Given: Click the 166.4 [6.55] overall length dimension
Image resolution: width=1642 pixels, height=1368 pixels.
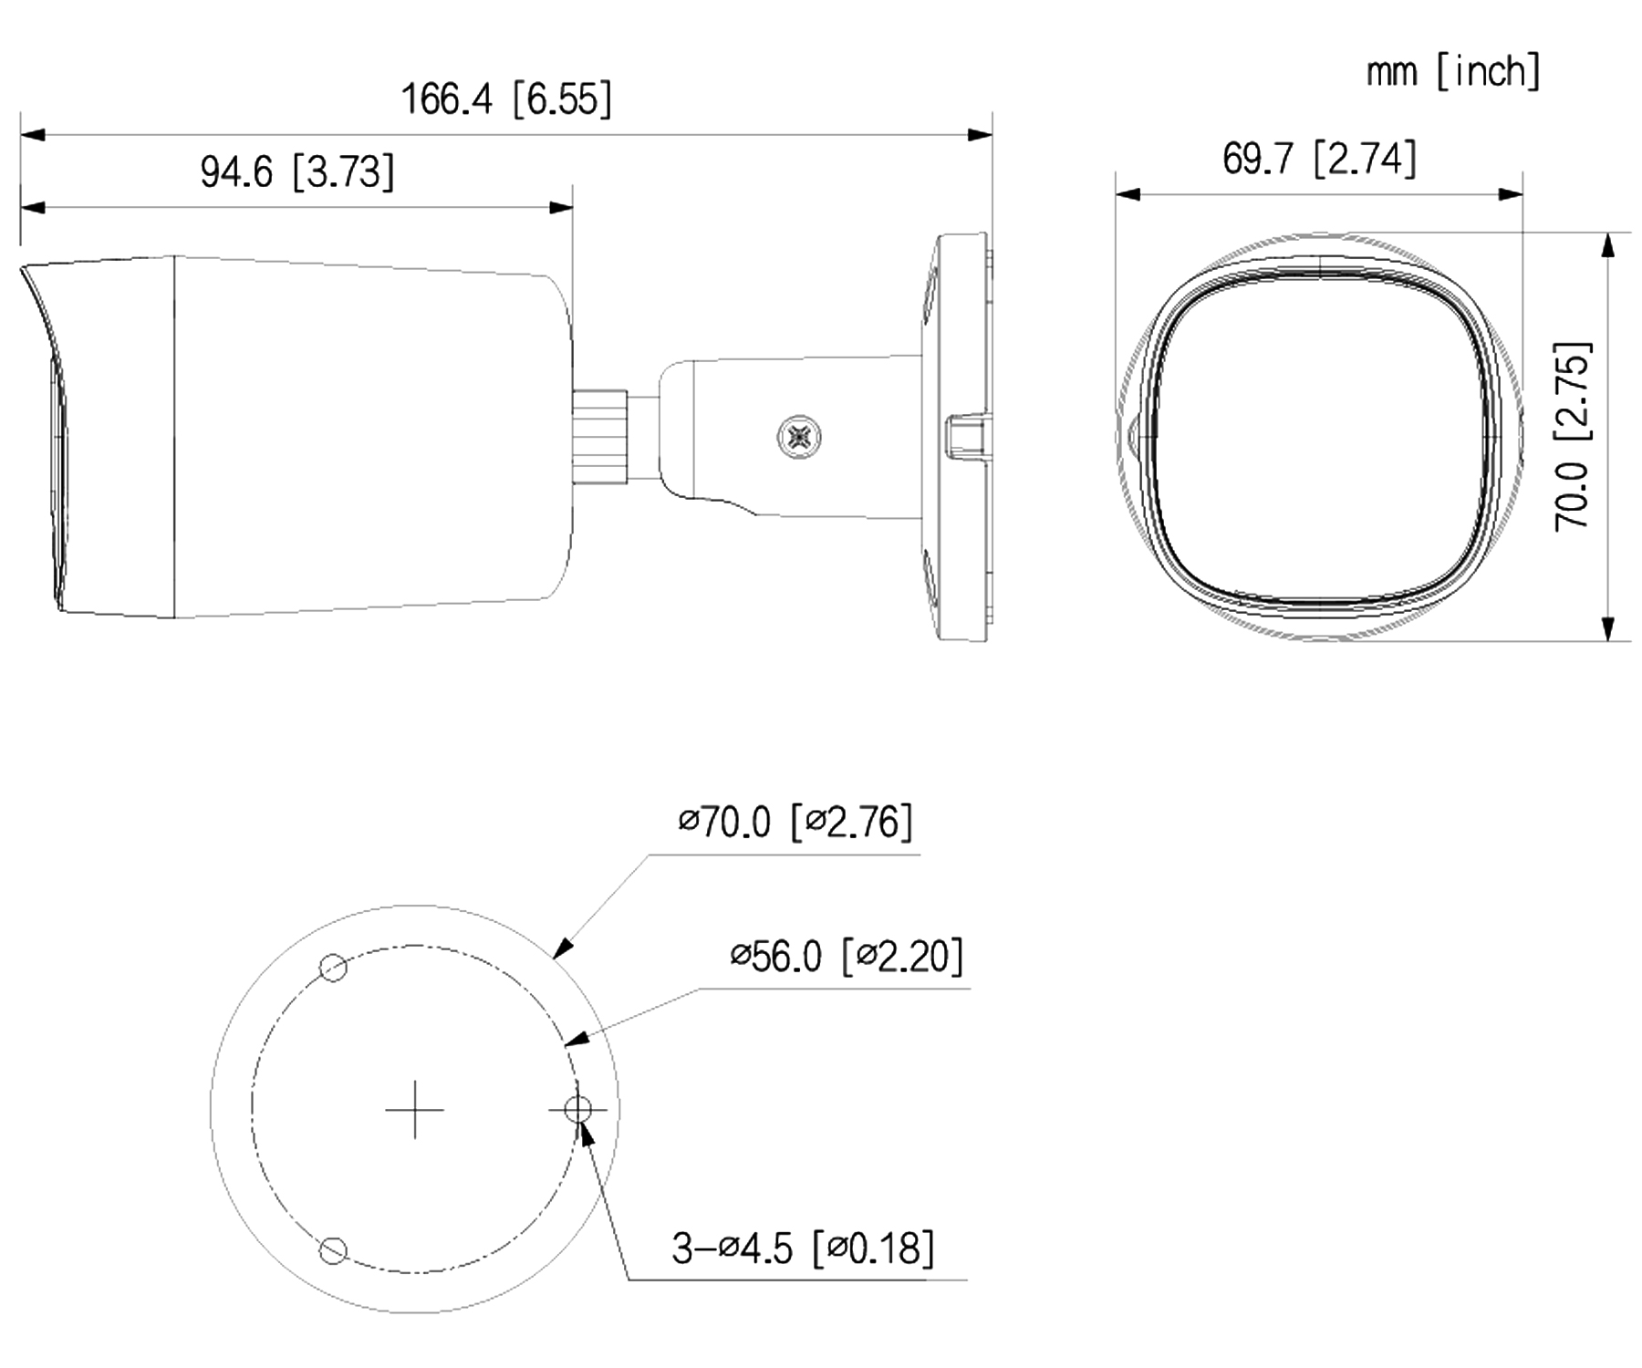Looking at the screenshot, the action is (506, 98).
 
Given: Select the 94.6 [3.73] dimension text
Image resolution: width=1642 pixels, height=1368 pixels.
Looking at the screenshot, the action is (297, 171).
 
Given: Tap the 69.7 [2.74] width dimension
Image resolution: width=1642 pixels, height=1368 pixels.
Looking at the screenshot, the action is (1320, 159).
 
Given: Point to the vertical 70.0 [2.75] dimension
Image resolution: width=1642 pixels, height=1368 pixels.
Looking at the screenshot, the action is (1573, 436).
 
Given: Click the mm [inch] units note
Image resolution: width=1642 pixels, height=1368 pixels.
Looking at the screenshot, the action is (1453, 71).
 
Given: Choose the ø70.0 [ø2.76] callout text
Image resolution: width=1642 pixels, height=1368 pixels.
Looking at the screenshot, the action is (795, 822).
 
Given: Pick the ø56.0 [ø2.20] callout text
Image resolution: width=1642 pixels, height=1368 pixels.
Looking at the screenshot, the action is (847, 956).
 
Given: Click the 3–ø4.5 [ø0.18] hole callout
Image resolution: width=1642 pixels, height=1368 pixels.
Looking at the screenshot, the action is (803, 1248).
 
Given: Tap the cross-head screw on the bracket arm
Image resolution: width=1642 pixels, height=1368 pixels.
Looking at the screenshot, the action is (799, 437).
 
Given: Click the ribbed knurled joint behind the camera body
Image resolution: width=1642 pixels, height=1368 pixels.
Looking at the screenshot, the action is (599, 436).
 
